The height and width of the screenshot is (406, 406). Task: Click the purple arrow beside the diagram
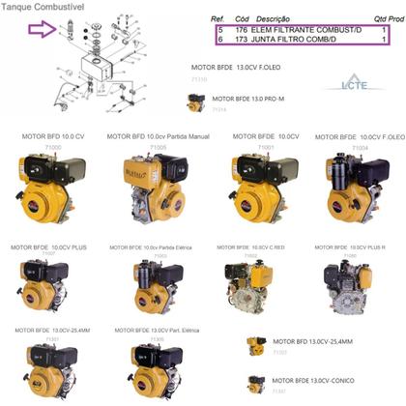(x=42, y=31)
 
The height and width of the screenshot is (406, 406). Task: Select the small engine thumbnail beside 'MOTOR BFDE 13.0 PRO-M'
(x=196, y=101)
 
